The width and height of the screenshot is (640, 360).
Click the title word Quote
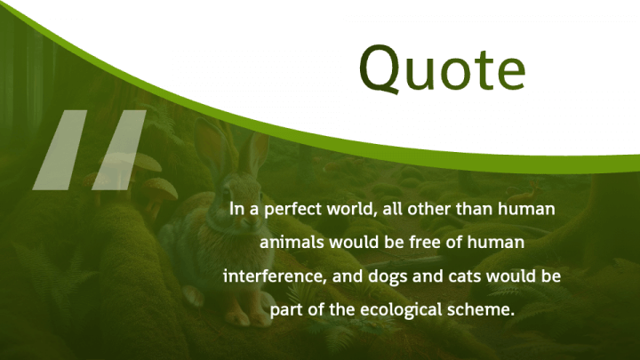[x=443, y=68]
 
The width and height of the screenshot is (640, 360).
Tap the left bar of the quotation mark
[x=60, y=150]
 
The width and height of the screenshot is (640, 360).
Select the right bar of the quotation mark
[x=119, y=150]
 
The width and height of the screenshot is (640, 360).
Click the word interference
[x=275, y=276]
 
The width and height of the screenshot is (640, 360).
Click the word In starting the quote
[x=236, y=209]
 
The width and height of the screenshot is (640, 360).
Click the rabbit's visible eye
[x=226, y=195]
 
